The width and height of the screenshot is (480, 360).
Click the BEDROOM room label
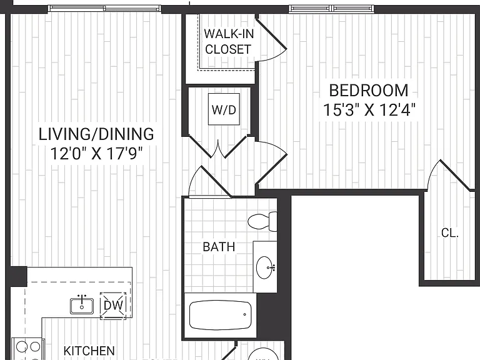(x=369, y=90)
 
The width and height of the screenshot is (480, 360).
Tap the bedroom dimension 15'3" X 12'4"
(x=369, y=110)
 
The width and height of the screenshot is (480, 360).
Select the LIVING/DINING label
(x=96, y=134)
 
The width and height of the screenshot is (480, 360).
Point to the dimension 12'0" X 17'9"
(x=96, y=154)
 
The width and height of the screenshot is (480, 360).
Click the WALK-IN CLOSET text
(x=229, y=41)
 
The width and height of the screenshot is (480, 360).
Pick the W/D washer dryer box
(x=224, y=109)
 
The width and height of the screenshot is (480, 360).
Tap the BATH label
(x=219, y=247)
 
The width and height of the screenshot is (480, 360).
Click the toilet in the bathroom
(x=262, y=221)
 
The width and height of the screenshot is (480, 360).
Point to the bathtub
(x=221, y=315)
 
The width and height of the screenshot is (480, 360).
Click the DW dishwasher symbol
(x=113, y=305)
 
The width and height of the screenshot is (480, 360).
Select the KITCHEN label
(x=89, y=351)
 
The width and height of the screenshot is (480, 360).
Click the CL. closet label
(x=450, y=233)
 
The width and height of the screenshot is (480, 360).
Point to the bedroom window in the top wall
(x=331, y=9)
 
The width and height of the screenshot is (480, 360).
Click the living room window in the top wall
(x=104, y=9)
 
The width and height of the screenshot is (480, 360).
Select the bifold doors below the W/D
(x=218, y=146)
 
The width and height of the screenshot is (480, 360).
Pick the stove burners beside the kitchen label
(x=28, y=349)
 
